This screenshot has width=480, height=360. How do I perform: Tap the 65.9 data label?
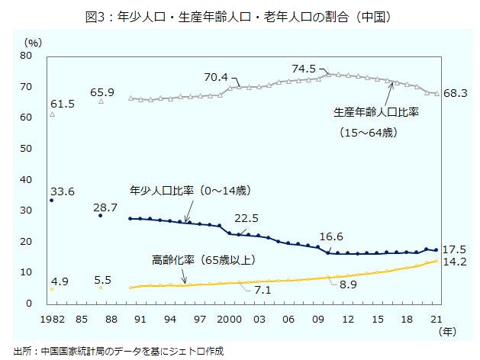[101, 92]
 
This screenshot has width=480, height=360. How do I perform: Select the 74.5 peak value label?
[303, 69]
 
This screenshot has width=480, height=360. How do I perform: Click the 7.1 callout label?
[264, 291]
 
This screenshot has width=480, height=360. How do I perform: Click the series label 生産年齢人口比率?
[377, 111]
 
